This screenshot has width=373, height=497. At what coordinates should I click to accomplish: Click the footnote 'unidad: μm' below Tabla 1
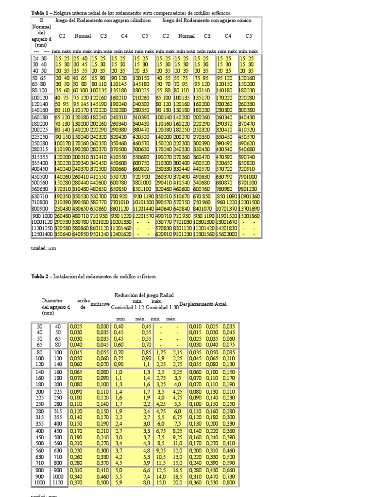(x=41, y=248)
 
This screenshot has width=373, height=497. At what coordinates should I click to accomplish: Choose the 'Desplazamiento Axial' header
(x=203, y=304)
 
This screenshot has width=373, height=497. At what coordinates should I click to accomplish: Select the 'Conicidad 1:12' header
(x=127, y=307)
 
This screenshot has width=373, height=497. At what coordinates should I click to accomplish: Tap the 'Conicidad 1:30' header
(x=162, y=307)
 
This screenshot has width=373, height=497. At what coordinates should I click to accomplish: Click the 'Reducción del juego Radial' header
(x=144, y=295)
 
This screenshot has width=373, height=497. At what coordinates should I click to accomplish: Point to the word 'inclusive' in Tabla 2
(x=100, y=304)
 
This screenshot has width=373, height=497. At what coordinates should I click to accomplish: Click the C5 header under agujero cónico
(x=249, y=35)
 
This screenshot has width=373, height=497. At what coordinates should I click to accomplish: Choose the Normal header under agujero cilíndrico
(x=82, y=35)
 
